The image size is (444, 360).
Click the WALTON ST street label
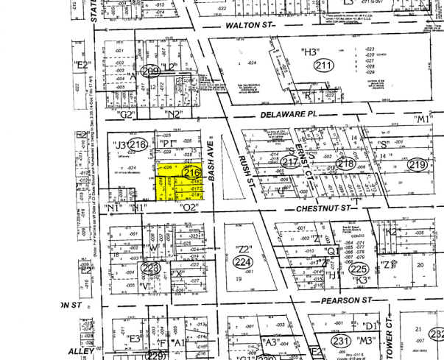tap(249, 26)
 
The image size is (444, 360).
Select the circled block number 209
tap(151, 71)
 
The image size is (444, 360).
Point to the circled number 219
tap(417, 164)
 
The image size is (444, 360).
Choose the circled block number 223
tap(151, 269)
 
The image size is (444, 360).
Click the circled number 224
tap(242, 261)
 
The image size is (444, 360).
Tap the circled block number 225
tap(360, 269)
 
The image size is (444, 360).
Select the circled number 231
tap(341, 342)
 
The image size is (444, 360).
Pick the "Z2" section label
tap(244, 248)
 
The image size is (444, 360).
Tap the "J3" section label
tap(118, 144)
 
